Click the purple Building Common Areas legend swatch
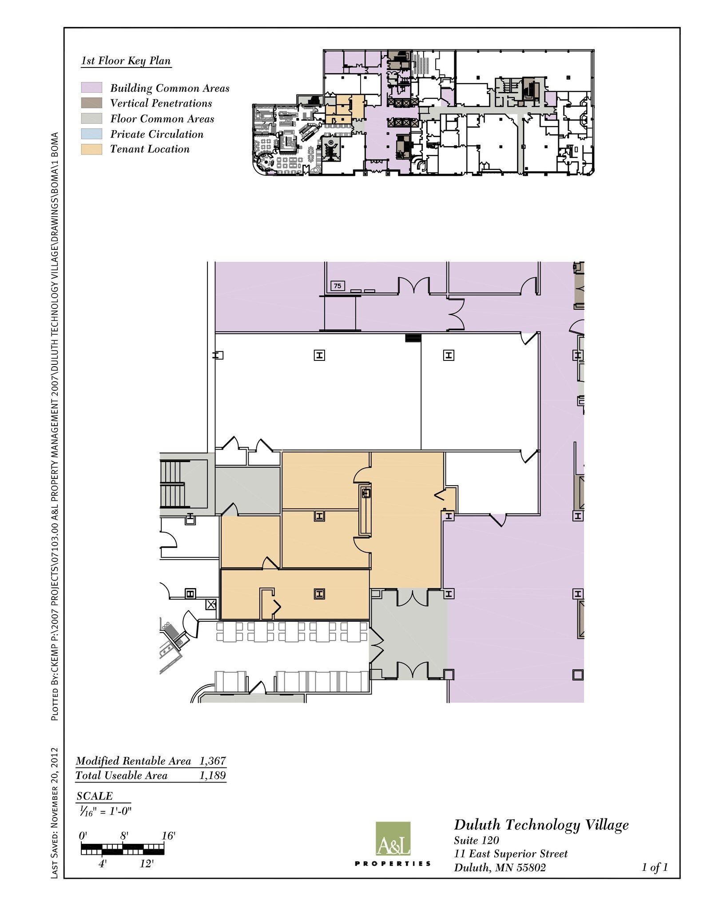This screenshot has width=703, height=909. pos(91,87)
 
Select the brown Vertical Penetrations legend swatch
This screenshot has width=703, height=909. pos(91,103)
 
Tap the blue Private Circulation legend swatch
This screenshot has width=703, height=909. pos(91,134)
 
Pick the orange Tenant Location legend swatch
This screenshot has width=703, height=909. pos(91,149)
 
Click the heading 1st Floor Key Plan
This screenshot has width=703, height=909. pos(126,61)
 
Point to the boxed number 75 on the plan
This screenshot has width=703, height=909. pos(338,286)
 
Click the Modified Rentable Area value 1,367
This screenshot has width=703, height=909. pos(212,761)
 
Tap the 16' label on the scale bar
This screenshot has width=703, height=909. pos(168,836)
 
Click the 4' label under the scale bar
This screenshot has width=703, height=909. pos(103,864)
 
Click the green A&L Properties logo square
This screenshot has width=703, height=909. pos(393,838)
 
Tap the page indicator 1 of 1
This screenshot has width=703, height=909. pos(654,867)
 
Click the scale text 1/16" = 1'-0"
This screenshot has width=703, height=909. pos(104,811)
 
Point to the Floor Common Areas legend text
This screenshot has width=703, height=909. pos(162,119)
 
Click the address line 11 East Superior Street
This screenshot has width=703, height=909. pos(511,854)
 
